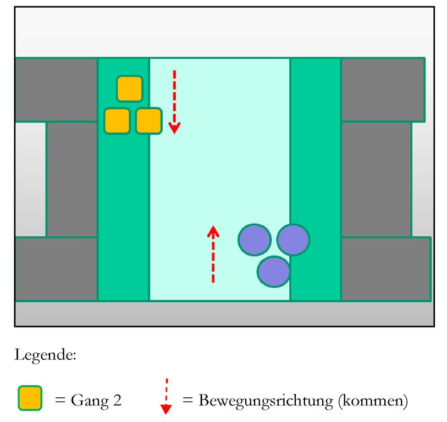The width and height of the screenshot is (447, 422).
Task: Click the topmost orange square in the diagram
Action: pyautogui.click(x=130, y=88)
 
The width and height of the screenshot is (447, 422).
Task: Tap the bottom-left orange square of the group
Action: pyautogui.click(x=117, y=121)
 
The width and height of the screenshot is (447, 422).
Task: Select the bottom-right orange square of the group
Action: pyautogui.click(x=148, y=121)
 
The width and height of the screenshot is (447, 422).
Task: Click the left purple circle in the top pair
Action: pyautogui.click(x=255, y=240)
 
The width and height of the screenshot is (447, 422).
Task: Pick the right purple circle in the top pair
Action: pyautogui.click(x=293, y=240)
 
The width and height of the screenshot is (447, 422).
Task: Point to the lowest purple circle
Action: pyautogui.click(x=274, y=271)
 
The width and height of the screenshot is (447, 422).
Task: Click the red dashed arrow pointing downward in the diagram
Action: pyautogui.click(x=174, y=102)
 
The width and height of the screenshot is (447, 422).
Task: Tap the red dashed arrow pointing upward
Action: pyautogui.click(x=213, y=254)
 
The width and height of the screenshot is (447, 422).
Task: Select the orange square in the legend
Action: pyautogui.click(x=30, y=398)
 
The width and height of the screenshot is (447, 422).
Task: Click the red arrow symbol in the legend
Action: pyautogui.click(x=166, y=396)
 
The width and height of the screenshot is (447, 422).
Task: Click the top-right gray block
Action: pyautogui.click(x=383, y=89)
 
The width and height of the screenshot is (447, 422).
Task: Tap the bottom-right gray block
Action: pyautogui.click(x=385, y=269)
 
